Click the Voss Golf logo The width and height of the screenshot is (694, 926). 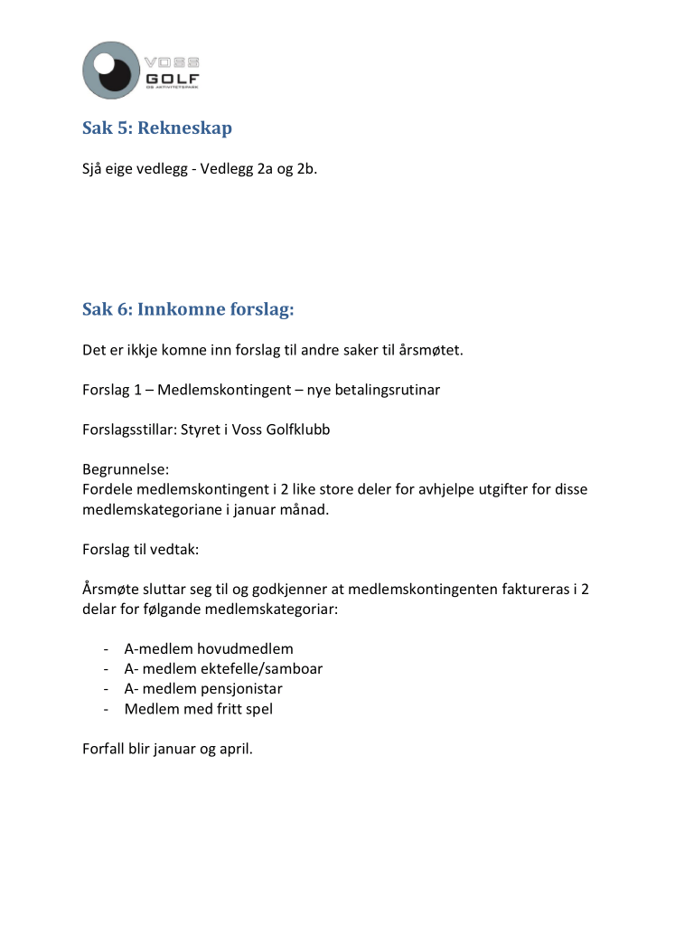[x=140, y=71]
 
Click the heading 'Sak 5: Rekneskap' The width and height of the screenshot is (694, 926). [x=157, y=128]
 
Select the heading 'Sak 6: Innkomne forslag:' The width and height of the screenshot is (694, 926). [x=188, y=310]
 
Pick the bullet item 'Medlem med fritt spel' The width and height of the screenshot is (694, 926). [x=199, y=709]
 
